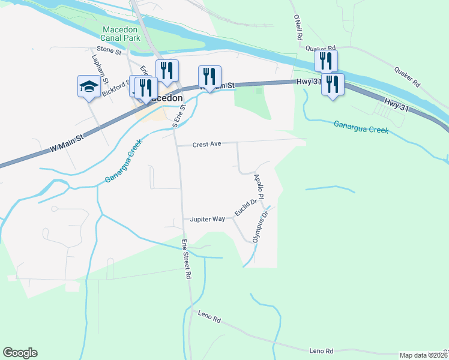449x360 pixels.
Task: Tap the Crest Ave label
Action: click(208, 145)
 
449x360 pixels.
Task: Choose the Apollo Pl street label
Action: click(259, 187)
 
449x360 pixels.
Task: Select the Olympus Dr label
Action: click(259, 225)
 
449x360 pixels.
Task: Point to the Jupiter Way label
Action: click(208, 220)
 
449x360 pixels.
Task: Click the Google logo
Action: click(20, 353)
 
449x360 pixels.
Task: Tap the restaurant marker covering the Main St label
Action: click(209, 76)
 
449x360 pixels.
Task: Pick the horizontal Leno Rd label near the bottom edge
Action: click(321, 351)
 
